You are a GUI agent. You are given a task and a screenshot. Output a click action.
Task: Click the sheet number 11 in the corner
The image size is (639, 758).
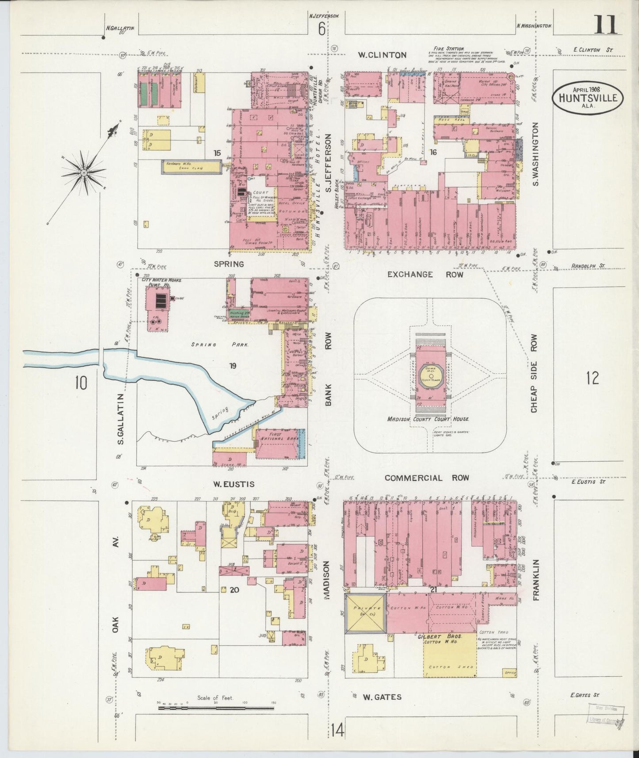point(606,25)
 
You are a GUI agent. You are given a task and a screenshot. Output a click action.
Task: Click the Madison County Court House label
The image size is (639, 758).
point(428,419)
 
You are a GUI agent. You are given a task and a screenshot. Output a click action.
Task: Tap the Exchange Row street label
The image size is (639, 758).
point(425,275)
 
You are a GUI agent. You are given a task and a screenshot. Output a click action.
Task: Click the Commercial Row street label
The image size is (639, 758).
point(426,478)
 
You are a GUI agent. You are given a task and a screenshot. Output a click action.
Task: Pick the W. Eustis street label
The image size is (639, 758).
point(234,484)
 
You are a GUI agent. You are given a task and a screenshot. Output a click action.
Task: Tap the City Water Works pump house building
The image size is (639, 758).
point(158,302)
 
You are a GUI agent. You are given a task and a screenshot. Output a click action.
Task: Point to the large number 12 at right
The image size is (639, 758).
point(592,379)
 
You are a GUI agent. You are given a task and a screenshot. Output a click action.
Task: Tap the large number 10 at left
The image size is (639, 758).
point(81,383)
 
